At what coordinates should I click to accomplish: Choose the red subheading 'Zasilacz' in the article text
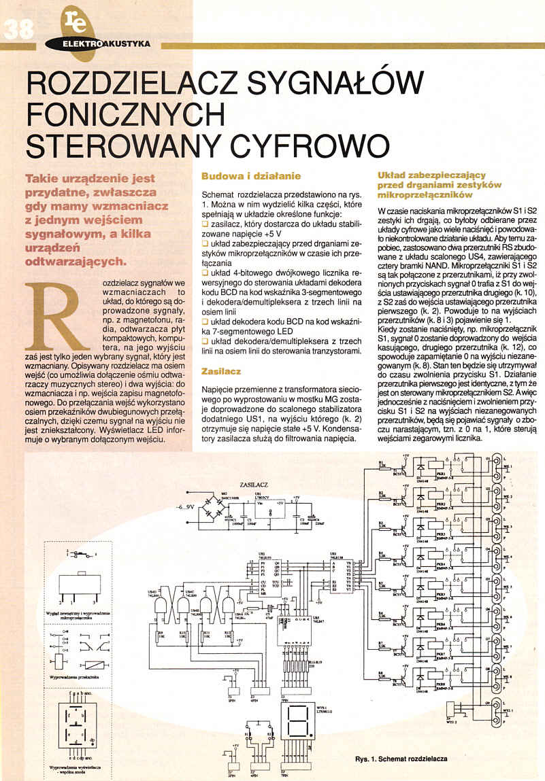tap(220, 371)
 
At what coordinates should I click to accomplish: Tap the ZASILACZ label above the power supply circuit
tap(253, 485)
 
